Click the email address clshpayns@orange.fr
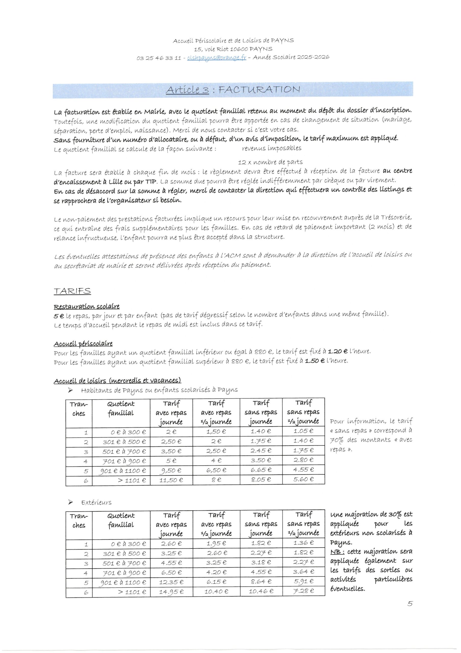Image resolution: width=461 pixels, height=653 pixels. pos(216,58)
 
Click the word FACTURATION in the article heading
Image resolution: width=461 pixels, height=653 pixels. pos(259,90)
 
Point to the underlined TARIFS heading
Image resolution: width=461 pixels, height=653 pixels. pos(72,291)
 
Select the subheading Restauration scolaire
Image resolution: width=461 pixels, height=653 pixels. pos(87,307)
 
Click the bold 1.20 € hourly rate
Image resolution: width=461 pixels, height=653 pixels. pos(337,351)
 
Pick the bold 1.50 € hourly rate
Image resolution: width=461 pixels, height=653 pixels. pos(315,361)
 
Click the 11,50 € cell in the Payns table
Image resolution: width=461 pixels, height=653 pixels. pos(171,480)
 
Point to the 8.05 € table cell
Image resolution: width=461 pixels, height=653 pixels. pos(261,480)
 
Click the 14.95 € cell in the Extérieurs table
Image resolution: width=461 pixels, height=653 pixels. pos(171,592)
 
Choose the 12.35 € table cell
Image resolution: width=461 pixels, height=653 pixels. pos(171,582)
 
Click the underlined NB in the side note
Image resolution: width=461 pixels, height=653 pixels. pos(337,552)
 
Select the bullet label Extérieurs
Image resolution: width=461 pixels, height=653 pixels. pos(96,503)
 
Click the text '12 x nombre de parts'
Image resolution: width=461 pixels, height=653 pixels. pos(270,162)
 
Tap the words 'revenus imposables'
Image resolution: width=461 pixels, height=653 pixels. pos(272,148)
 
